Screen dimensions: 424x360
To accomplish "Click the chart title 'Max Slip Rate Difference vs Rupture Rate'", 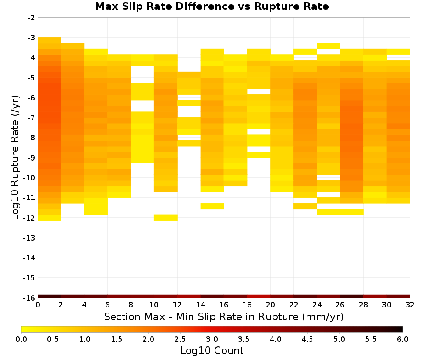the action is click(212, 6).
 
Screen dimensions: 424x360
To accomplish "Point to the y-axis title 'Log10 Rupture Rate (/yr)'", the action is click(15, 158).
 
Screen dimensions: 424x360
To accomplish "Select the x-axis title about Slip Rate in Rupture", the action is click(223, 316).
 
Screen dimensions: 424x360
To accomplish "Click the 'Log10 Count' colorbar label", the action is click(212, 351).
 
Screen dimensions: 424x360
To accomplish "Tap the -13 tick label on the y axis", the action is click(29, 238).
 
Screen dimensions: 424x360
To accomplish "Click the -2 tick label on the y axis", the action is click(31, 18).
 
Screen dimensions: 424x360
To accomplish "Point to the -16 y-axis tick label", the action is click(29, 298).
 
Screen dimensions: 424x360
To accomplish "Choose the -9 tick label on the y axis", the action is click(31, 158).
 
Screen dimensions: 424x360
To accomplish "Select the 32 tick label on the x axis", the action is click(410, 305).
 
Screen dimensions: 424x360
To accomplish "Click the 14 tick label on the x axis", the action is click(201, 305).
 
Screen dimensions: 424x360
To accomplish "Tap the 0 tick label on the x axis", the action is click(38, 305).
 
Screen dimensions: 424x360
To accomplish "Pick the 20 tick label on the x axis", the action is click(270, 305).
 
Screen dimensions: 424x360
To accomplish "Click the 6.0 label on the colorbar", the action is click(403, 339).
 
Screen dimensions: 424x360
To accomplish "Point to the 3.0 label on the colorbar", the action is click(212, 339).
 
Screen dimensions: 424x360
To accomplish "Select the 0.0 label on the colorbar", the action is click(21, 339).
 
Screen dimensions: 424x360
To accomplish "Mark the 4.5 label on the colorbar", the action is click(307, 339).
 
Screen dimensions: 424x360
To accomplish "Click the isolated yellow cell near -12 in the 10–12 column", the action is click(166, 217).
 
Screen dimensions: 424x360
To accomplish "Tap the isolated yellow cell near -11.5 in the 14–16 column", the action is click(212, 206).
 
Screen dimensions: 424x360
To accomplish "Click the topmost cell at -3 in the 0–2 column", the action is click(50, 40).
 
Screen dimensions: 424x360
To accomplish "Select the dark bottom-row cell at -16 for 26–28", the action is click(351, 296).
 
